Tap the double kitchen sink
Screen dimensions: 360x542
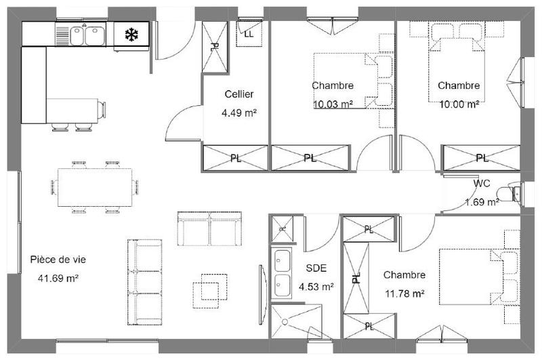point(86,34)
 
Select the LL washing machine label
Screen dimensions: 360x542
point(249,33)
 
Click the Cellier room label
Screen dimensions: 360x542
point(239,94)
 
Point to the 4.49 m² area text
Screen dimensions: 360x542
point(239,113)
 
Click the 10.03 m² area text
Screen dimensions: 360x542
point(333,104)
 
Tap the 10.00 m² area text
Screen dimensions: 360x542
point(459,104)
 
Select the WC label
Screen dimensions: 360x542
point(482,184)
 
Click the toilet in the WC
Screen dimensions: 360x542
point(513,193)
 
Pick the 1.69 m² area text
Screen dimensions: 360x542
point(482,201)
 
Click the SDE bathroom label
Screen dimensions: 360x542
point(316,268)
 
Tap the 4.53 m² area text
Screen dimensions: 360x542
point(316,287)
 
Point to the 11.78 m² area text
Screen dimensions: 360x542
point(404,294)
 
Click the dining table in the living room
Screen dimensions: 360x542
point(95,188)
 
